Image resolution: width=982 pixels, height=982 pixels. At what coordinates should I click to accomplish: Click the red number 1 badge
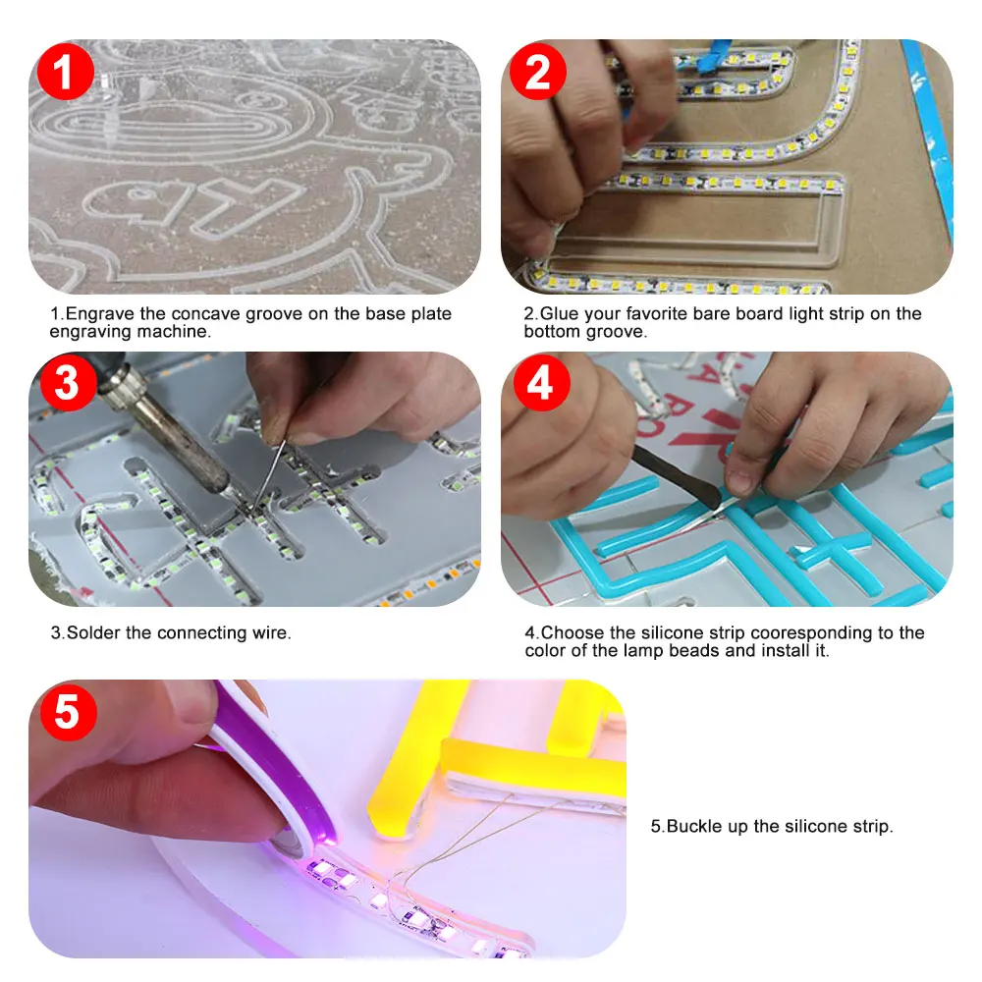[65, 72]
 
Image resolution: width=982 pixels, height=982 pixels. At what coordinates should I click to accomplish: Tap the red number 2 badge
[538, 72]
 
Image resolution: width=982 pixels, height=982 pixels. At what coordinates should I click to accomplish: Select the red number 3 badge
[69, 383]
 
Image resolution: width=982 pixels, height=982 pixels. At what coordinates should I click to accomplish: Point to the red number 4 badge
[542, 383]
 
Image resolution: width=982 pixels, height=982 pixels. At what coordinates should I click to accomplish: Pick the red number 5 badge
[69, 713]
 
